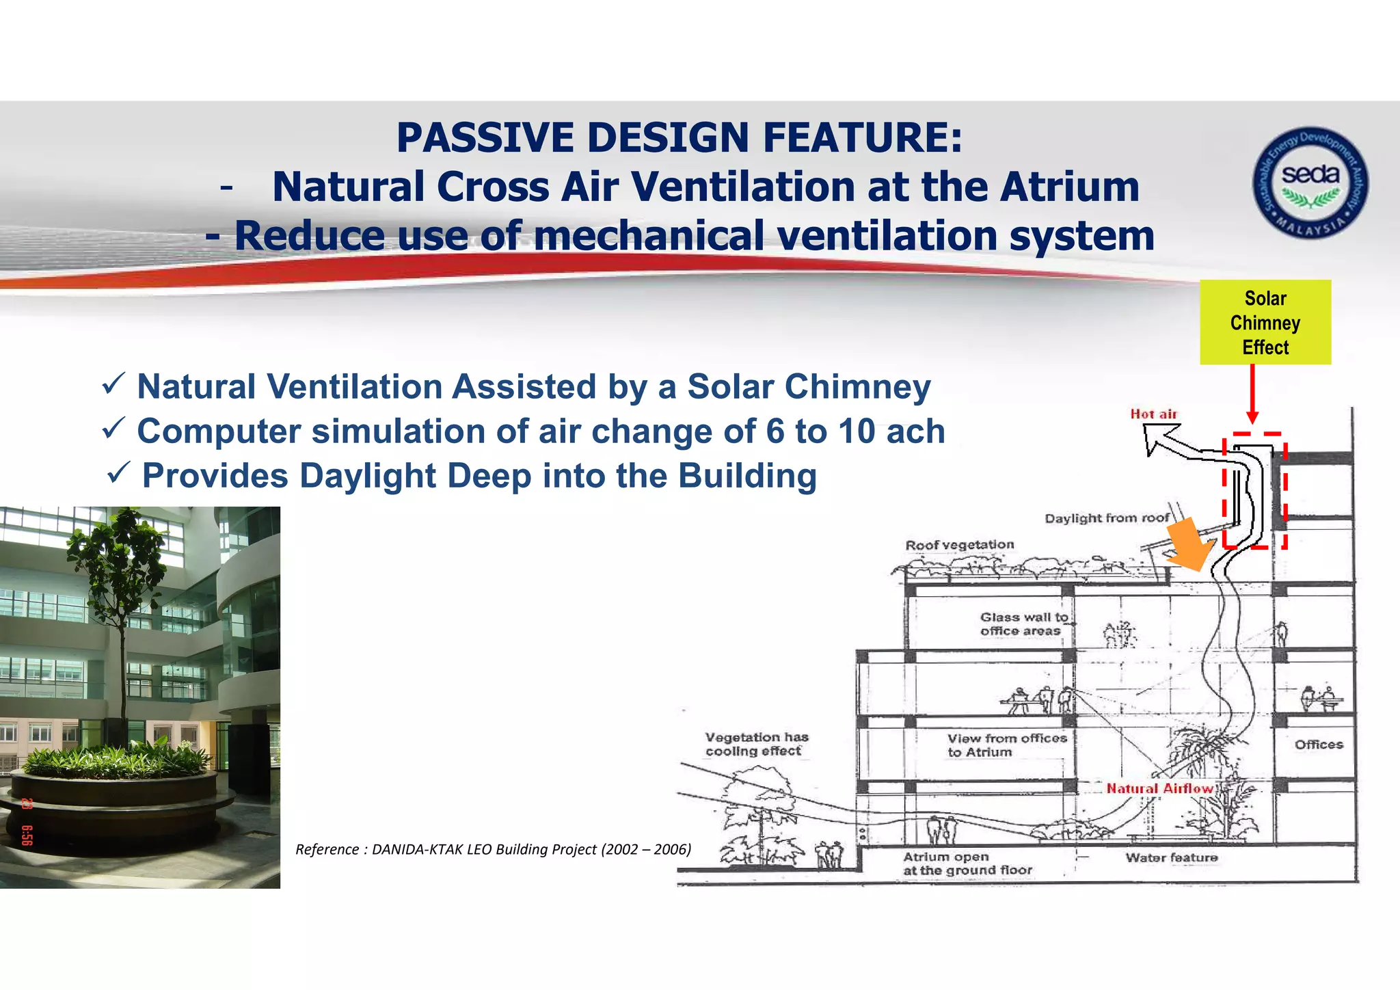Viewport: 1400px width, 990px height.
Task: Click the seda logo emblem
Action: click(1310, 183)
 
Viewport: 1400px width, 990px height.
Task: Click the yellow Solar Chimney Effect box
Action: click(1265, 322)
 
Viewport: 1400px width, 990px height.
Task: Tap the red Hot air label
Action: click(1153, 414)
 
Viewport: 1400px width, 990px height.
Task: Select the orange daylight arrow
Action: click(1190, 544)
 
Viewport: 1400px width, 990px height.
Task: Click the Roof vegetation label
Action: click(959, 545)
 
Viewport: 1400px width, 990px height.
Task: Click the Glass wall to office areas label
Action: click(1023, 624)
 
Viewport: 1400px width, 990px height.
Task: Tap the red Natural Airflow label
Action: click(1159, 788)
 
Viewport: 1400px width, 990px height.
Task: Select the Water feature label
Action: click(1172, 857)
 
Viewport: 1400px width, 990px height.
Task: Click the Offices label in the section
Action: click(1318, 745)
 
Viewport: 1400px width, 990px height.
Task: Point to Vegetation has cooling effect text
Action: click(756, 744)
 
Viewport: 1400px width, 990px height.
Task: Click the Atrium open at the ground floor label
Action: click(967, 864)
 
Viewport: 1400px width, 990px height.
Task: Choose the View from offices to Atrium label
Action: click(1006, 745)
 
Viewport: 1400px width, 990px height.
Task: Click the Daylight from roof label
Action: click(1107, 518)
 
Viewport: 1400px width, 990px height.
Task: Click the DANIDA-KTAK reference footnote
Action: click(493, 849)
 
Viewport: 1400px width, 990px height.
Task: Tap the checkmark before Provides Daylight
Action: click(119, 472)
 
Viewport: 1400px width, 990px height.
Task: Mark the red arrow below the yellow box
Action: click(1252, 394)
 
